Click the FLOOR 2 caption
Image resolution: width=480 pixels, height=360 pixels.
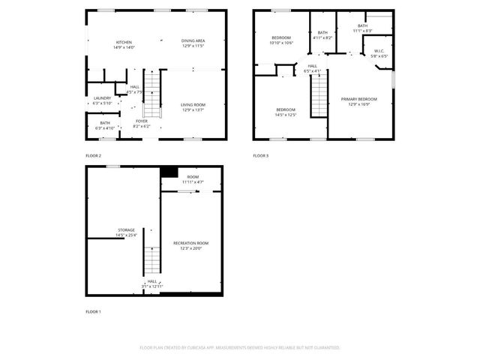pos(93,155)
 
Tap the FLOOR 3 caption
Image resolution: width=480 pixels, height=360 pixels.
pos(260,155)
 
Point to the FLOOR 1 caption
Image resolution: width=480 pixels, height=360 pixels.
pos(93,310)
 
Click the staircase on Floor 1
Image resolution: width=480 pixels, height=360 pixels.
pos(152,260)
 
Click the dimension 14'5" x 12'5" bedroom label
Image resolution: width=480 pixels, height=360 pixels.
pos(286,112)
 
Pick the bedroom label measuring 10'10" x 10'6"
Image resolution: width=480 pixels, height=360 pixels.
pos(281,40)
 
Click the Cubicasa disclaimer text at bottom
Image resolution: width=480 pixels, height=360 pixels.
pos(240,348)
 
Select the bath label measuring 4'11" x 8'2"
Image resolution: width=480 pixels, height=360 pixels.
pos(322,35)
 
